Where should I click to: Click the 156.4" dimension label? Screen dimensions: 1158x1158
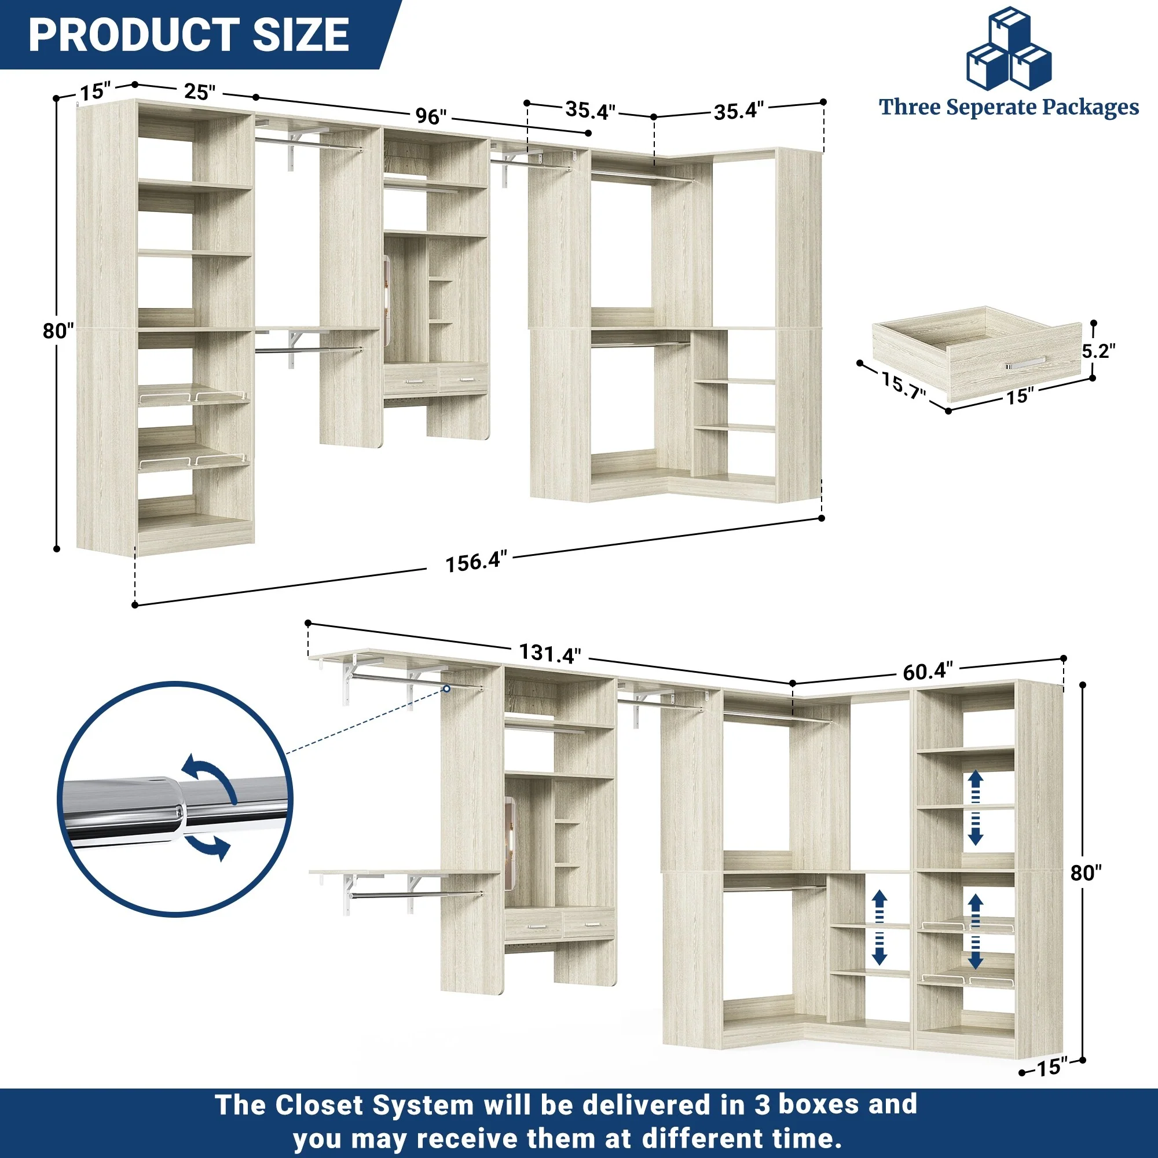pyautogui.click(x=476, y=562)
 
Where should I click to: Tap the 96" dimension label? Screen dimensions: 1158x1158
pyautogui.click(x=431, y=116)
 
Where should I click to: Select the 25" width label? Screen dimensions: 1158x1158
pyautogui.click(x=199, y=91)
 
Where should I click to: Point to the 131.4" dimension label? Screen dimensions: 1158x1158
pyautogui.click(x=549, y=653)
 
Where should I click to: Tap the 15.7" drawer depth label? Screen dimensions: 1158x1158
pyautogui.click(x=903, y=385)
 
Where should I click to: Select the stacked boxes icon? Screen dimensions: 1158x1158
pyautogui.click(x=1009, y=48)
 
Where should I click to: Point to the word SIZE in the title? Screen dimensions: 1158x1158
pyautogui.click(x=301, y=34)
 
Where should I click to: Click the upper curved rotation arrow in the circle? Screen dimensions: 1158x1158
pyautogui.click(x=210, y=777)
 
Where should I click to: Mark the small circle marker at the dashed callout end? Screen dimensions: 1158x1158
pyautogui.click(x=446, y=688)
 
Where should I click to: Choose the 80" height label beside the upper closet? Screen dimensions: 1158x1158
pyautogui.click(x=58, y=330)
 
